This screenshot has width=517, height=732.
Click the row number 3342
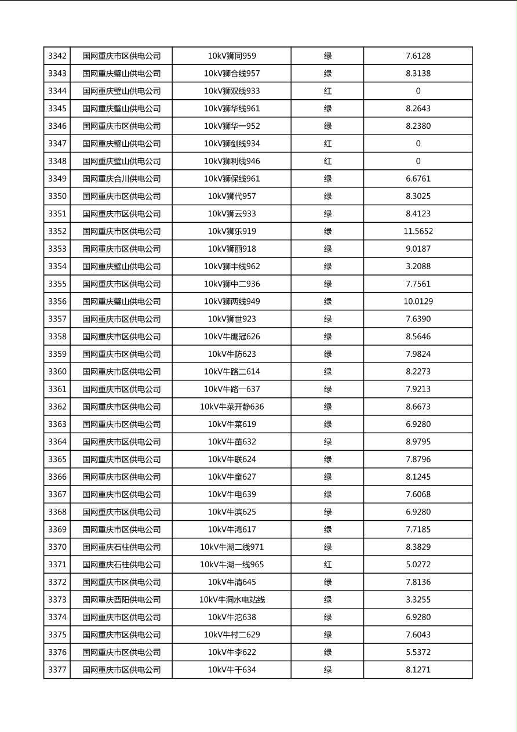point(57,56)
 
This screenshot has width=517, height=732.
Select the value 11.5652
point(418,231)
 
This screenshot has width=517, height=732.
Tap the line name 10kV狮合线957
point(232,74)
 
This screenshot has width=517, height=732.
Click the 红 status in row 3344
point(327,91)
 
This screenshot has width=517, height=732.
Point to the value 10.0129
point(418,302)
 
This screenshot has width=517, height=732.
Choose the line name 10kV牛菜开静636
point(232,407)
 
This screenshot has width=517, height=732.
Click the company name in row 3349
point(121,179)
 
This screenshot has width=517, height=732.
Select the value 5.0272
point(418,564)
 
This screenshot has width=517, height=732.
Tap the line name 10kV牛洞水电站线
point(232,600)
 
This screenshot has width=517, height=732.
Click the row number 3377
point(57,670)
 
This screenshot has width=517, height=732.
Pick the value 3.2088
point(418,266)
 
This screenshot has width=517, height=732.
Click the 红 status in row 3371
point(327,564)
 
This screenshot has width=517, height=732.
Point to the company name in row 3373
point(121,600)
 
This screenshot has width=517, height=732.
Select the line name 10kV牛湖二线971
point(232,547)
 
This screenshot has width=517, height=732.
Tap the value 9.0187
point(418,249)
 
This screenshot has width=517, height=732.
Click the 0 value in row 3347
point(418,144)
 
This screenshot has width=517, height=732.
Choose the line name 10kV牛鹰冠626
point(232,336)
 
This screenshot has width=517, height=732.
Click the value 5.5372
point(418,652)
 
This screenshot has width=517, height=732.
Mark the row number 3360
point(57,372)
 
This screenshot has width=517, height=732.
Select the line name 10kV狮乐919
point(232,231)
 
